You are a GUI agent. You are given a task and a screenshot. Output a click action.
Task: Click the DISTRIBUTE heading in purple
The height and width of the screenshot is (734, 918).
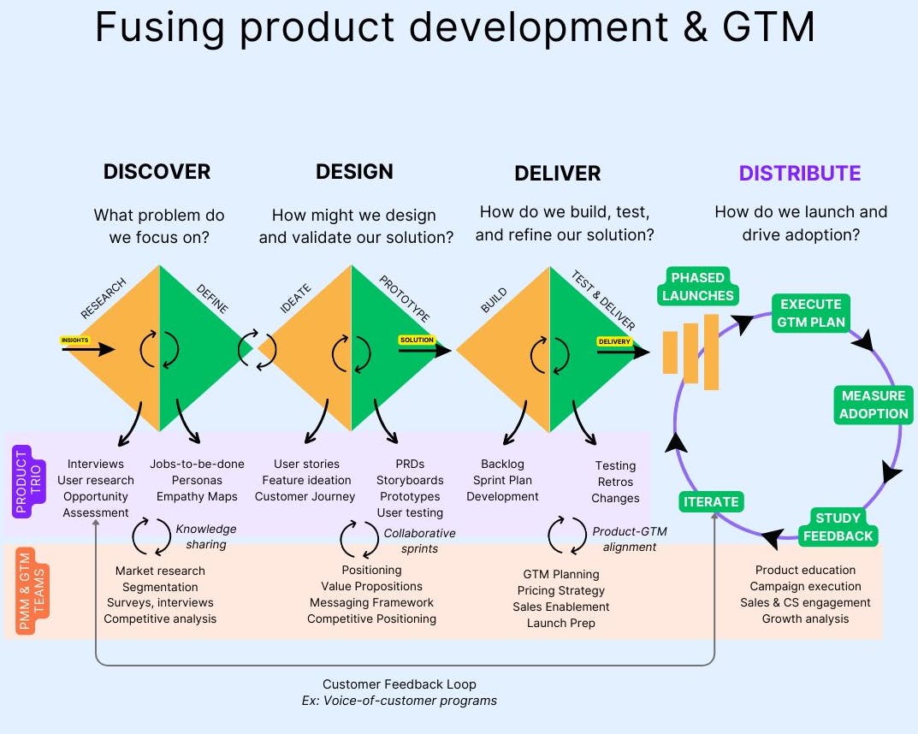(x=800, y=174)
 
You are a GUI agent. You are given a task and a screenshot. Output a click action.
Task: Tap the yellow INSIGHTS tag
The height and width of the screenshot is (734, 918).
(x=75, y=340)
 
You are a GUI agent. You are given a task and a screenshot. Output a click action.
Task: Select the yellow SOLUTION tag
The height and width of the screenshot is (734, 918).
(x=417, y=340)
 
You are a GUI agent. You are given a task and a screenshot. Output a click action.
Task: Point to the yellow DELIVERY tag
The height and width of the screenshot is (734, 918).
(x=614, y=342)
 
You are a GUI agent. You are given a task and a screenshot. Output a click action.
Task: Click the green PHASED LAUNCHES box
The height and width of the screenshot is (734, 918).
(x=697, y=287)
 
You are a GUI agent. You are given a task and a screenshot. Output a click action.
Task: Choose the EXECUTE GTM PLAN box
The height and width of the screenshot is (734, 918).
(x=811, y=313)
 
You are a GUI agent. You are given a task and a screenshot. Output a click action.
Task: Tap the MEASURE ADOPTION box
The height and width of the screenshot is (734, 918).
(x=873, y=405)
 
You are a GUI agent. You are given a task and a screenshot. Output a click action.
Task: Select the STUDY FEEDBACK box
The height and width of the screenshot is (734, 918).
(x=838, y=527)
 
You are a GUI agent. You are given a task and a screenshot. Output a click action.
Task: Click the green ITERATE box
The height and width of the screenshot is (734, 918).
(x=711, y=502)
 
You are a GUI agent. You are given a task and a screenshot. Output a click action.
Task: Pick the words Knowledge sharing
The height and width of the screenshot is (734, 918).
(x=205, y=536)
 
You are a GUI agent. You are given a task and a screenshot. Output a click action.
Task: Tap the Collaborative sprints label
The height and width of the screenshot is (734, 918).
(x=419, y=540)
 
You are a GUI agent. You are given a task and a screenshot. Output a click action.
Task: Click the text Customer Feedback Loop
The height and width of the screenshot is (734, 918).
(x=399, y=684)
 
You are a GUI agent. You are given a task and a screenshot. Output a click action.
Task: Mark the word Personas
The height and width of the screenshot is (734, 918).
(x=197, y=480)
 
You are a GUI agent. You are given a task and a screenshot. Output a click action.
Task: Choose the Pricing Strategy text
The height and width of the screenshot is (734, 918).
(x=561, y=590)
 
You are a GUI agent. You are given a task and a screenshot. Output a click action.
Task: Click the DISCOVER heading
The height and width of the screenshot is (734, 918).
(x=157, y=171)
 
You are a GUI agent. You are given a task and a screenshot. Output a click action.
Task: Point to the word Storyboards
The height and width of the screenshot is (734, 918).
(x=410, y=480)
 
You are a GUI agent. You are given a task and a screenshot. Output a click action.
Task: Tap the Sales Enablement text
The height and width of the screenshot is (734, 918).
(x=561, y=607)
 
